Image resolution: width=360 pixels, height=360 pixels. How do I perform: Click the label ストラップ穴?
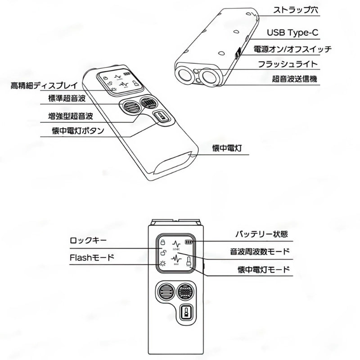(x=295, y=9)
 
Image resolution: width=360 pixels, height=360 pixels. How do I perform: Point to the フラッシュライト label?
(x=295, y=64)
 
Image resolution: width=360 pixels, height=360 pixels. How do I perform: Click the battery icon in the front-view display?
(x=188, y=242)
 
